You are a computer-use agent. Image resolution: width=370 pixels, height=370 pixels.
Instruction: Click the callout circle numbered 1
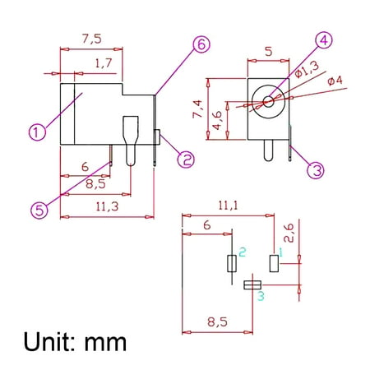click(37, 132)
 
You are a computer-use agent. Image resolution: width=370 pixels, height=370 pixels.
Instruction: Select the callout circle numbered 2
click(186, 160)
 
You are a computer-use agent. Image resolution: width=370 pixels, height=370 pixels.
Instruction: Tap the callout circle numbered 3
click(316, 170)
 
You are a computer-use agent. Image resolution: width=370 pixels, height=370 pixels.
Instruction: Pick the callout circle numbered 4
click(324, 40)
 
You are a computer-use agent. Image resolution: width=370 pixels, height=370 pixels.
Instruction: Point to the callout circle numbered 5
click(39, 210)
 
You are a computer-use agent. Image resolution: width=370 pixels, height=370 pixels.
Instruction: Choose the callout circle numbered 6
click(201, 44)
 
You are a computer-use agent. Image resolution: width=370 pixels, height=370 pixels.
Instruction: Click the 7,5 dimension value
click(92, 39)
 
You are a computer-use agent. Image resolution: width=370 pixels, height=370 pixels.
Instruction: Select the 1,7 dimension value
click(104, 63)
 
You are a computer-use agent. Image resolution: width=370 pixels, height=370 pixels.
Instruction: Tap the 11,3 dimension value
click(107, 206)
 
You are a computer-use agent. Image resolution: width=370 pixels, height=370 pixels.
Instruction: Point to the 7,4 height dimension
click(197, 109)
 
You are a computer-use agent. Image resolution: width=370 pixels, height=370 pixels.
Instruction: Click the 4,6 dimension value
click(217, 120)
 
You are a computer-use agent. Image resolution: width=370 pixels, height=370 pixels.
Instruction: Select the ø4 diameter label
click(335, 81)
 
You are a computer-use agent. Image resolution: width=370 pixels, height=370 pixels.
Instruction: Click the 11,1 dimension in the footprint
click(228, 206)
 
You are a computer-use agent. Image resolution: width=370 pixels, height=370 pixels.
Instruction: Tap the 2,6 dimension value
click(289, 234)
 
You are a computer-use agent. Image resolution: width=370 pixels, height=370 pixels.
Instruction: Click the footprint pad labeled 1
click(274, 263)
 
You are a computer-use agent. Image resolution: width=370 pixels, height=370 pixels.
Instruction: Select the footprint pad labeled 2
click(232, 263)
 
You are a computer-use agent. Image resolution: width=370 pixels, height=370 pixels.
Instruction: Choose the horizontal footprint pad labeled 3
click(252, 285)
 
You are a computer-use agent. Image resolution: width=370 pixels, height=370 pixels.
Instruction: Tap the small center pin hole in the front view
click(268, 102)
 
